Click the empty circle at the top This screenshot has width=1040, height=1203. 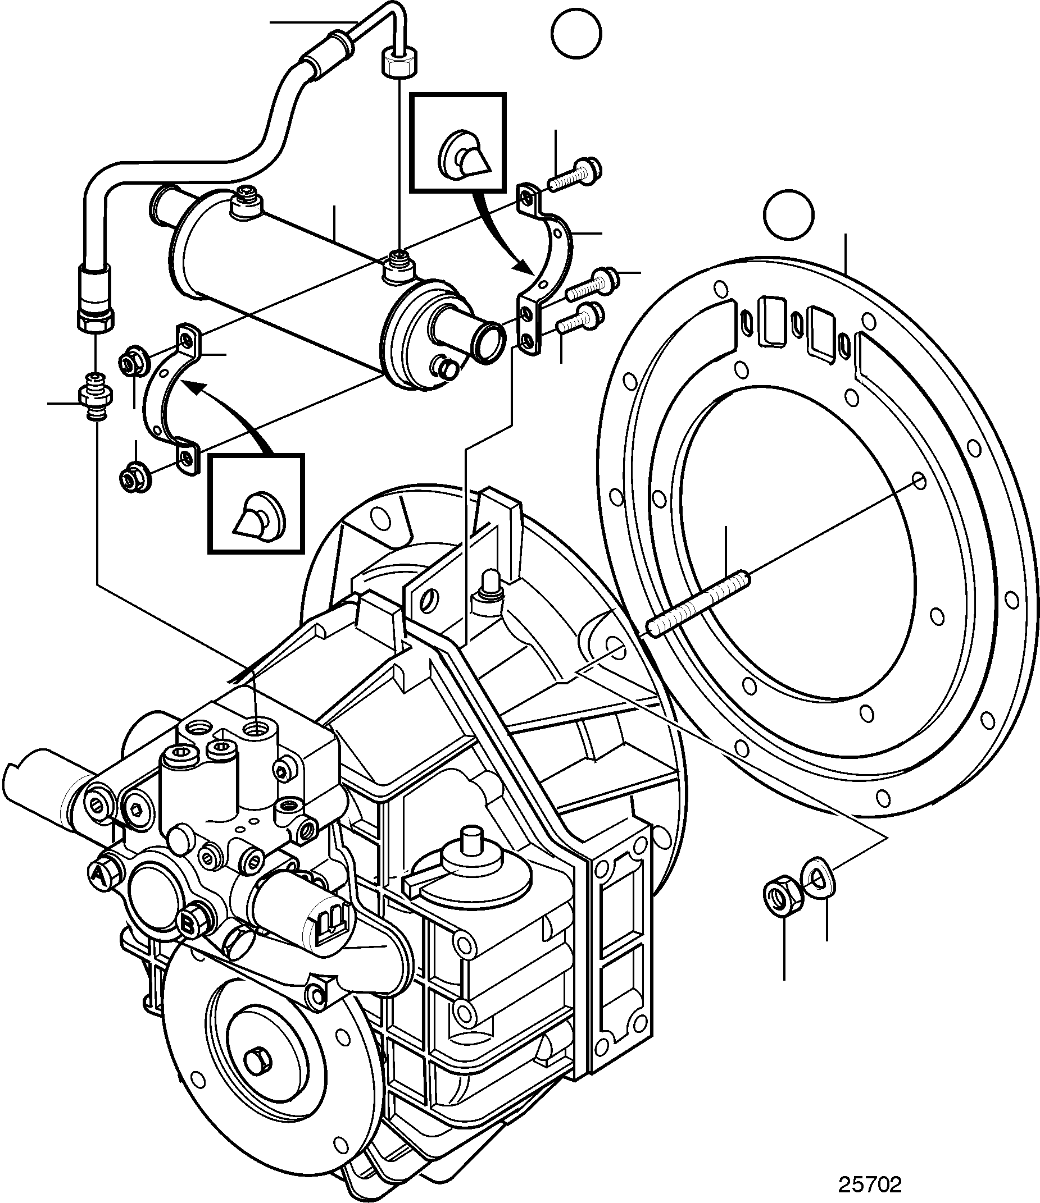(x=576, y=33)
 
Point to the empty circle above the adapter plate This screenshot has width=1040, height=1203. (x=789, y=216)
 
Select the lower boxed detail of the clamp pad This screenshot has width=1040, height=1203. (x=256, y=504)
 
